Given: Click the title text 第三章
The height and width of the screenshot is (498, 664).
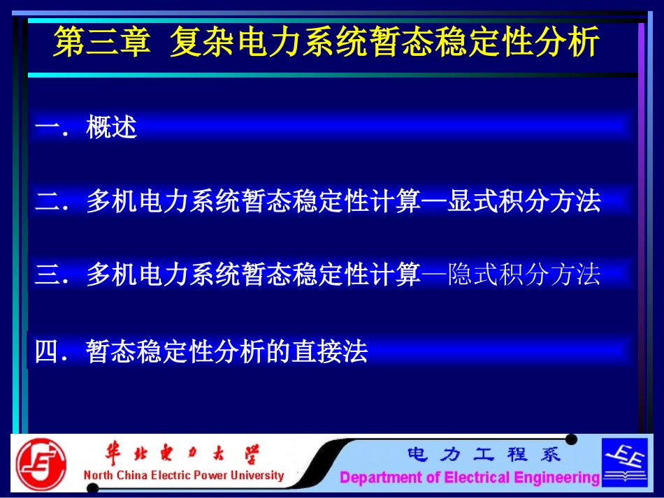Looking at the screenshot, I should click(102, 43).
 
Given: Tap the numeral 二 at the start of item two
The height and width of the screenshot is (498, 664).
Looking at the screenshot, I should click(47, 202).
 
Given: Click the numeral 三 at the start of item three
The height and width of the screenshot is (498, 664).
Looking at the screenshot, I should click(47, 274).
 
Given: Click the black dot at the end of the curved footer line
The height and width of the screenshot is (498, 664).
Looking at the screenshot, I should click(571, 439).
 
